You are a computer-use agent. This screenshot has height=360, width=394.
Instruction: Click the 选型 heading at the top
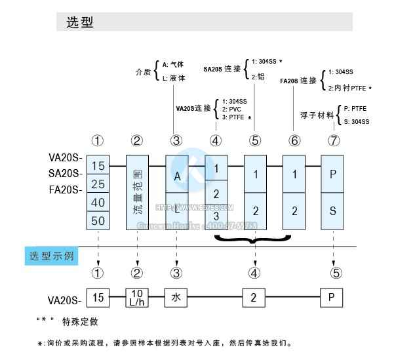coord(80,22)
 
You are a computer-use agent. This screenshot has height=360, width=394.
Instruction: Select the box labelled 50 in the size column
coord(98,220)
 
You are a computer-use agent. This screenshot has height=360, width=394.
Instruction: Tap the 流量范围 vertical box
coord(137,192)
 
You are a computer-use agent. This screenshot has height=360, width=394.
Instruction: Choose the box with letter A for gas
coord(177,176)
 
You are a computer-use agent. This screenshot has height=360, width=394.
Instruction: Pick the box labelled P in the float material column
coord(332,174)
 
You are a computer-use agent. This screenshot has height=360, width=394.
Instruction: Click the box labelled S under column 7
coord(332,211)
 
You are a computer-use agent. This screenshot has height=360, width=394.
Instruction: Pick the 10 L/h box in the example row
coord(137,298)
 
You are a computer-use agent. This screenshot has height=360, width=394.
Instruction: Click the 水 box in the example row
coord(177,298)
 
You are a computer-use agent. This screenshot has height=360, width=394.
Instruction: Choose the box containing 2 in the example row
coord(255,298)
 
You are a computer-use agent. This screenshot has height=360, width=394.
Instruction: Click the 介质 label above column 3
coord(142,70)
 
